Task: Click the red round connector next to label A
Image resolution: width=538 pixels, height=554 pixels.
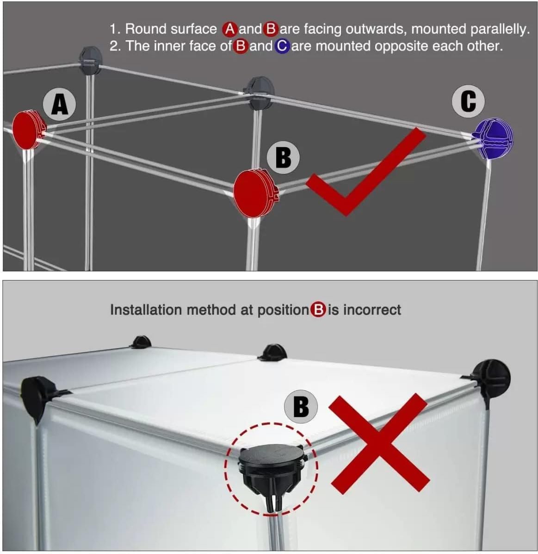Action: coord(27,130)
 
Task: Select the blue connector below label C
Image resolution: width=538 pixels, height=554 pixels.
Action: coord(493,138)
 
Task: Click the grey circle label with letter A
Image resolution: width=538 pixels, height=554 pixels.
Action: coord(59,104)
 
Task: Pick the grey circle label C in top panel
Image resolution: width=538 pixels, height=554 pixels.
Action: coord(468,101)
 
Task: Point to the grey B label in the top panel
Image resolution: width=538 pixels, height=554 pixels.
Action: coord(283,157)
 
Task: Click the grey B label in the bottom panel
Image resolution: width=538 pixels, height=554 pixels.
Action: coord(301,407)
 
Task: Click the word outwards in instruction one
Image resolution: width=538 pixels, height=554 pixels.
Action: coord(377,29)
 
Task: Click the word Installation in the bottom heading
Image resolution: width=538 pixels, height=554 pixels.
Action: coord(146,310)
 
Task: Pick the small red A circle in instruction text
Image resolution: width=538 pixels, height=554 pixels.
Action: coord(230,29)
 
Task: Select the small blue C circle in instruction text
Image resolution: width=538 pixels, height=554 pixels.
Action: coord(282,46)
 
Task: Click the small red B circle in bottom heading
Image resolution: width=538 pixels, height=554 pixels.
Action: coord(318,310)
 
